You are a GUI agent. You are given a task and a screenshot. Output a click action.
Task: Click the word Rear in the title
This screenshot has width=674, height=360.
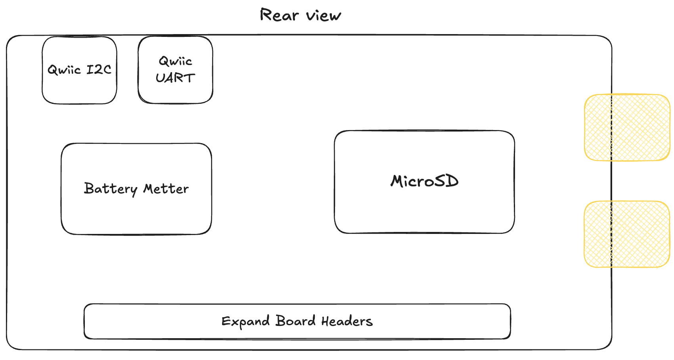coord(279,15)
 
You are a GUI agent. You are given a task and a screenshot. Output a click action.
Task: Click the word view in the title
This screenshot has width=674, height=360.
coord(324,15)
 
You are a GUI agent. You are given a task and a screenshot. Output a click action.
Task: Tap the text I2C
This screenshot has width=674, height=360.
coord(99,70)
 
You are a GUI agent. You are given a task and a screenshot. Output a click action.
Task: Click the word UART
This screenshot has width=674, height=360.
coord(175,78)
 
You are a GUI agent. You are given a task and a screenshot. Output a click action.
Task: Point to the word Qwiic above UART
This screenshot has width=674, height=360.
coord(175,61)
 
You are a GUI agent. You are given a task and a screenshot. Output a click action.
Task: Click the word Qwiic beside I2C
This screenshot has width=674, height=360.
coord(64,70)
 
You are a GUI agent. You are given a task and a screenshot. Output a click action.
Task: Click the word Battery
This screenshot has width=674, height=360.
coord(111,189)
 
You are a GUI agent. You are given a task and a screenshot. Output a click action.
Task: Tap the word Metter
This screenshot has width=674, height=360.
coord(166,189)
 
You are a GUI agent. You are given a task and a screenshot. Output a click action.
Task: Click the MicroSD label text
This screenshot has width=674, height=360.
coord(425,181)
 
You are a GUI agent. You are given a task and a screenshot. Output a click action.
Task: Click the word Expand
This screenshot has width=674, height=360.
coord(245,322)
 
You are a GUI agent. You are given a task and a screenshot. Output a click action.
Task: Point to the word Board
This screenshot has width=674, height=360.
coord(295,321)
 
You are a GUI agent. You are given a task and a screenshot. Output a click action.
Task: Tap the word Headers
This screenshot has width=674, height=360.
coord(347,321)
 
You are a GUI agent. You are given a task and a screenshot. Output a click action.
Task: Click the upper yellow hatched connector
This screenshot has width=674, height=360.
coord(627,128)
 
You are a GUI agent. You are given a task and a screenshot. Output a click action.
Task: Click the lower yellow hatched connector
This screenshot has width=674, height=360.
coord(627,234)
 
